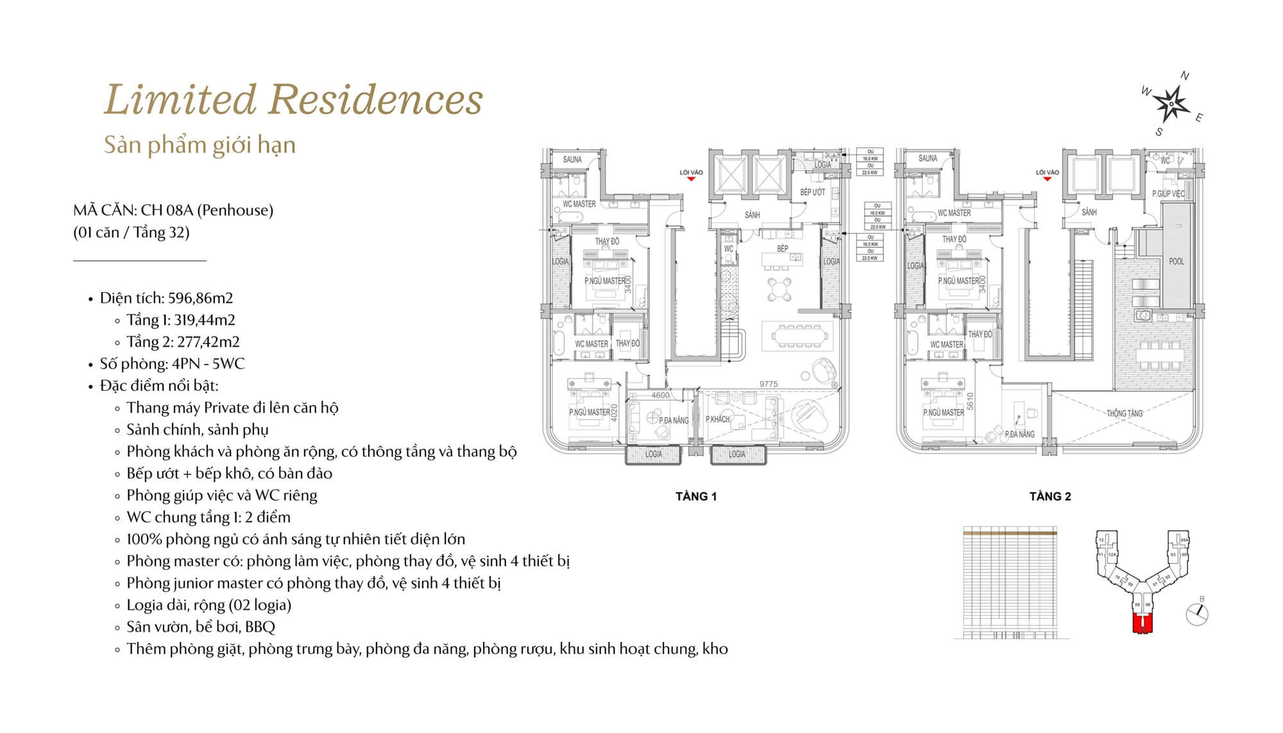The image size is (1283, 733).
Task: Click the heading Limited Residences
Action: tap(293, 100)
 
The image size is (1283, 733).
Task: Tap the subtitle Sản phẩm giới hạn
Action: tap(200, 145)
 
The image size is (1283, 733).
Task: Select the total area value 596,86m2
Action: tap(200, 298)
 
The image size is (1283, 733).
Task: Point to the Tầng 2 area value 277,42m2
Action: tap(208, 341)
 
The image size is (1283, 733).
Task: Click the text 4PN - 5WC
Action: tap(207, 363)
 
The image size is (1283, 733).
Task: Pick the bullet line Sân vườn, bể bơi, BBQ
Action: tap(200, 626)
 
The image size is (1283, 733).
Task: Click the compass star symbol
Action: tap(1171, 103)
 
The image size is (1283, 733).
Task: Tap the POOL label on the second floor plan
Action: tap(1177, 262)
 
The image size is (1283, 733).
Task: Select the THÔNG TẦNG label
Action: tap(1125, 413)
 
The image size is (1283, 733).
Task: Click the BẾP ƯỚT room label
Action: tap(812, 193)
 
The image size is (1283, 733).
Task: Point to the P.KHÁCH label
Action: tap(718, 419)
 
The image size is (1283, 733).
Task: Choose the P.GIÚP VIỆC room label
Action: tap(1168, 194)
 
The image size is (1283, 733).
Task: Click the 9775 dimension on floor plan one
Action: tap(769, 384)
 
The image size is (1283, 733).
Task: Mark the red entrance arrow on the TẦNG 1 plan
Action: tap(691, 179)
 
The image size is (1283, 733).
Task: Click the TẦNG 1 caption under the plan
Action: tap(696, 496)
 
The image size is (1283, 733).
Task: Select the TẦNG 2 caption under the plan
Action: tap(1050, 496)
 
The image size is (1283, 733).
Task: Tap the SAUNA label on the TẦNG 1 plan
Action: tap(572, 159)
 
